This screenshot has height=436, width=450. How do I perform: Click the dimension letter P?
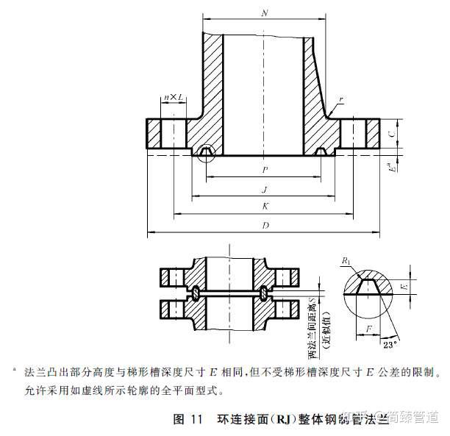coord(263,169)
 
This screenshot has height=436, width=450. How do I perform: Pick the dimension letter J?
coord(263,189)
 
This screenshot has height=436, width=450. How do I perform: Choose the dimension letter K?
coord(263,207)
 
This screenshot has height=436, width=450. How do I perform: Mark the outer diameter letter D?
coord(263,226)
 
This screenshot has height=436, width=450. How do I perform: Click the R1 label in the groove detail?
coord(346,260)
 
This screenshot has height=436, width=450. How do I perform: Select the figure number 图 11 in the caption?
coord(187,420)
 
